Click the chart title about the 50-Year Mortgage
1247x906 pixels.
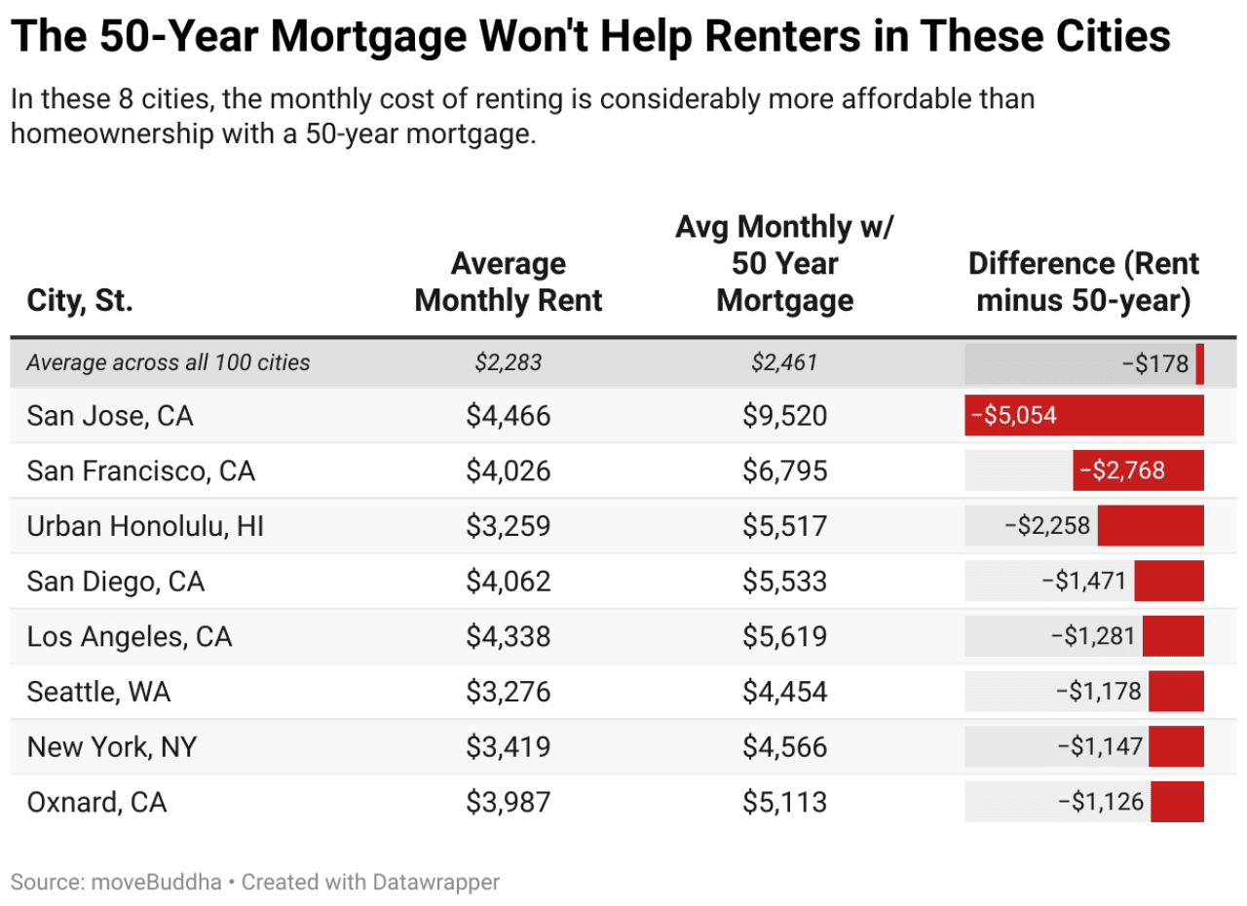(590, 38)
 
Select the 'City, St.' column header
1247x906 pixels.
(79, 301)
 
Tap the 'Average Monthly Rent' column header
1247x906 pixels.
(509, 283)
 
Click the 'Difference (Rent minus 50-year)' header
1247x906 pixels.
(1083, 283)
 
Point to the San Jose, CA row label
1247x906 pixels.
(110, 417)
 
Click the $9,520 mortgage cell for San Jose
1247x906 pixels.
(784, 417)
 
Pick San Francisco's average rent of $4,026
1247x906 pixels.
(509, 472)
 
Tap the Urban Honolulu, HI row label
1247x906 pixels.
(145, 527)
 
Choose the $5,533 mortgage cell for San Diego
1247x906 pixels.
(784, 583)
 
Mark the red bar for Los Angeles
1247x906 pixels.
(1173, 637)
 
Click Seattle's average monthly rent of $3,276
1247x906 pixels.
(509, 693)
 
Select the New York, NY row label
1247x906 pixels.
(111, 748)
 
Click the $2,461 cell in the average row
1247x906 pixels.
(784, 363)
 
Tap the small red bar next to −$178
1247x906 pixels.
(1200, 363)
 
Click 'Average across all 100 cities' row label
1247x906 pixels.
(168, 363)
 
